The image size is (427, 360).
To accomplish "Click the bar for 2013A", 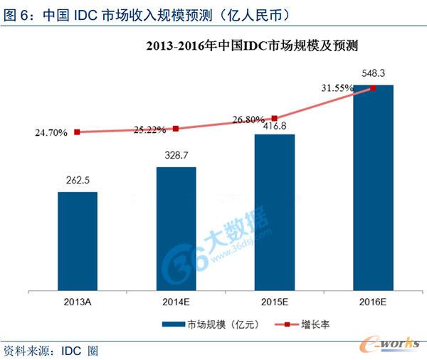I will coord(78,242).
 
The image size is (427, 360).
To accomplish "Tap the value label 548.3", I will coord(373,73).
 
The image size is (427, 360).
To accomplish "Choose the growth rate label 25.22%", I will coord(149,129).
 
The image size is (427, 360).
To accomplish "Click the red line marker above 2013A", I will coord(77,132).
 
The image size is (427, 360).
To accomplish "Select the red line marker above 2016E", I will coord(373,88).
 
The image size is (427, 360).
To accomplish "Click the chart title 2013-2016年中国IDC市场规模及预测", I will coord(250,47).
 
